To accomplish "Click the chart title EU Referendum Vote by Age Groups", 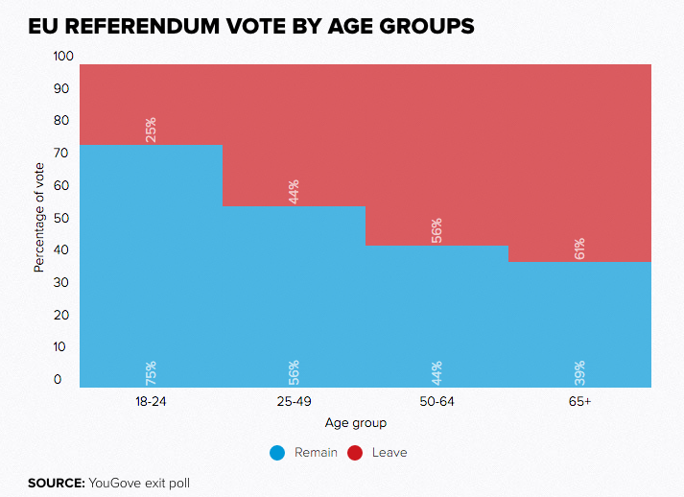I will pyautogui.click(x=251, y=27).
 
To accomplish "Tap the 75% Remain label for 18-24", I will pyautogui.click(x=151, y=371).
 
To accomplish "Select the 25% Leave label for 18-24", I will pyautogui.click(x=151, y=130).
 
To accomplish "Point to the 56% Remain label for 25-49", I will pyautogui.click(x=294, y=371).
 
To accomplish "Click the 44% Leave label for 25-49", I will pyautogui.click(x=294, y=191).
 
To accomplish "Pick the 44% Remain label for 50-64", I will pyautogui.click(x=436, y=371).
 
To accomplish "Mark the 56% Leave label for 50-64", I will pyautogui.click(x=436, y=230).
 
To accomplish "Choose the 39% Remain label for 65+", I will pyautogui.click(x=579, y=371).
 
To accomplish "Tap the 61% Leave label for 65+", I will pyautogui.click(x=579, y=248).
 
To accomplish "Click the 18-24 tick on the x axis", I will pyautogui.click(x=152, y=401).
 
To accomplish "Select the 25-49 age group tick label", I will pyautogui.click(x=295, y=401).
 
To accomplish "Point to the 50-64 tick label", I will pyautogui.click(x=437, y=401).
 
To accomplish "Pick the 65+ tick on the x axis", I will pyautogui.click(x=579, y=401).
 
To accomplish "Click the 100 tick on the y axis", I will pyautogui.click(x=63, y=57).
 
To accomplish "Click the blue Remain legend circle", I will pyautogui.click(x=278, y=452).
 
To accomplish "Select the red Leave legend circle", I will pyautogui.click(x=355, y=452).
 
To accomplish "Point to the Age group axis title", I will pyautogui.click(x=356, y=422).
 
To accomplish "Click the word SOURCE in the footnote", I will pyautogui.click(x=56, y=482).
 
